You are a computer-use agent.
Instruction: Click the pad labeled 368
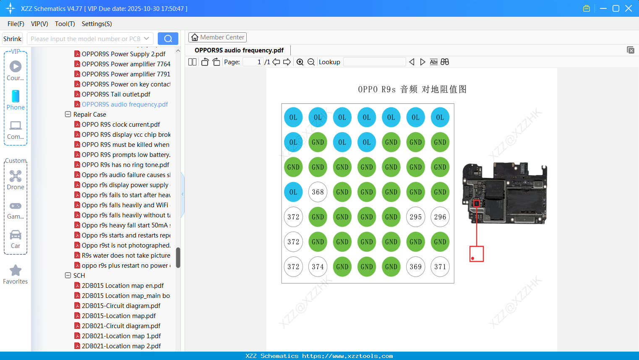point(318,192)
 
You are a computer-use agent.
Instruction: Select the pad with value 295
point(415,217)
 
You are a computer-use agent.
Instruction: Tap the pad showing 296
point(440,217)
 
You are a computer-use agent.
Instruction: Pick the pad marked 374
point(318,267)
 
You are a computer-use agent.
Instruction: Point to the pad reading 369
point(415,267)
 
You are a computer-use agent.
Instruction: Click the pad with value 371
point(440,267)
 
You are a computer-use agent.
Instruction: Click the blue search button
point(168,39)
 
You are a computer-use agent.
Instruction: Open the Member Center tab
point(217,37)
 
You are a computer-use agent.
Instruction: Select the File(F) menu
point(16,24)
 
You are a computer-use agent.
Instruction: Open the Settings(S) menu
point(97,24)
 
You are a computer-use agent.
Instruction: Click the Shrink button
point(13,39)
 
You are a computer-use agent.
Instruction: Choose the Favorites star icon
point(16,271)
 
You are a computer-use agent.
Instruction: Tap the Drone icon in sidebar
point(16,176)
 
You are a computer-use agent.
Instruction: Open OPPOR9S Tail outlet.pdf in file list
point(116,94)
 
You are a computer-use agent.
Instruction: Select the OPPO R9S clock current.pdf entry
point(121,125)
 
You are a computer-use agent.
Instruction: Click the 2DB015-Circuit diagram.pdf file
point(121,306)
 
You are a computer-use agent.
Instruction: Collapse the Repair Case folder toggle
point(68,115)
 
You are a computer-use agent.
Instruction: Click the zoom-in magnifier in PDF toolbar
point(300,62)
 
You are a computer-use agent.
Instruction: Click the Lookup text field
point(374,62)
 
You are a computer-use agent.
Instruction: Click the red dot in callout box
point(473,258)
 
